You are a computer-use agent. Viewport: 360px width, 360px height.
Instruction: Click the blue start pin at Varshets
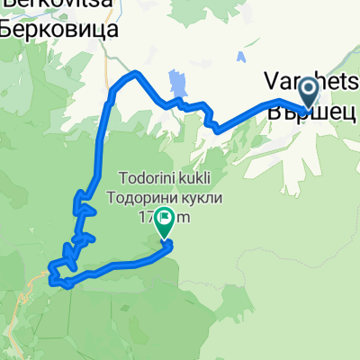click(x=308, y=92)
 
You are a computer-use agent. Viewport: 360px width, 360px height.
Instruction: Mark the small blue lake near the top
click(x=241, y=58)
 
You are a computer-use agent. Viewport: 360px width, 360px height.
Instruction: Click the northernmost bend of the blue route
click(x=135, y=73)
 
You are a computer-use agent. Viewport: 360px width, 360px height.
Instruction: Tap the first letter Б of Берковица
click(x=5, y=29)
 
